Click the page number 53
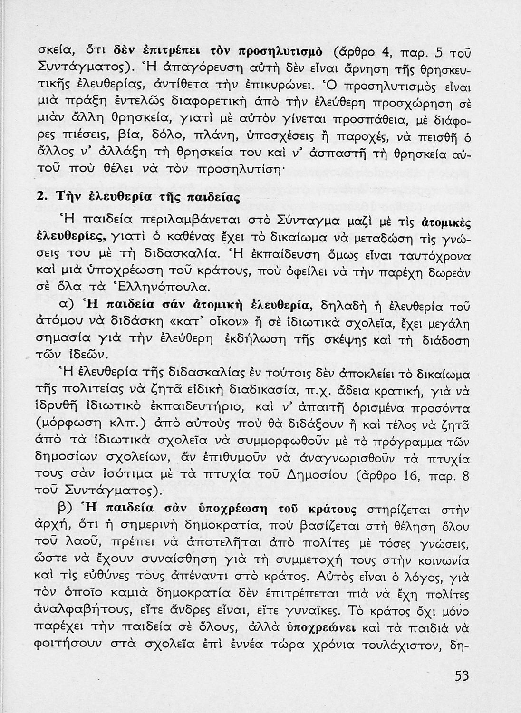click(462, 676)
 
